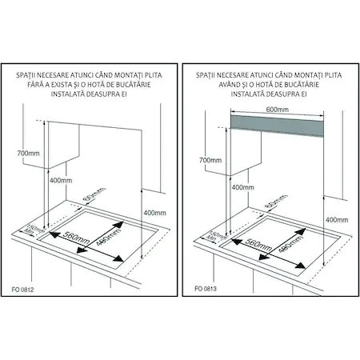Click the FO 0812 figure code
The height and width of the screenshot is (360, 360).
(22, 290)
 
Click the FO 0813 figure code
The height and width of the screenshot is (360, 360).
(206, 289)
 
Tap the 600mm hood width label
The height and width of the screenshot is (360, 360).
(278, 110)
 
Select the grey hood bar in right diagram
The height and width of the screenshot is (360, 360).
(277, 126)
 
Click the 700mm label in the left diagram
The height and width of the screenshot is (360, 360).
(28, 154)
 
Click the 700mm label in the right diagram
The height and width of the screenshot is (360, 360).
(210, 160)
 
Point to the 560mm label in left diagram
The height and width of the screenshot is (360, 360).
(76, 237)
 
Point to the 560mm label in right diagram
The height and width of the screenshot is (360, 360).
(258, 244)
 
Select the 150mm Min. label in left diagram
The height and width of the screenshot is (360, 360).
(34, 231)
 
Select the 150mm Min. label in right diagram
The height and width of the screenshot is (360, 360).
(216, 237)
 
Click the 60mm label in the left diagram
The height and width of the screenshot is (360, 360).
(94, 194)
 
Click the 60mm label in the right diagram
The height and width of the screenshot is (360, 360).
(276, 201)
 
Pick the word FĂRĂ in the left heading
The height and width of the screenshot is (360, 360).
(35, 85)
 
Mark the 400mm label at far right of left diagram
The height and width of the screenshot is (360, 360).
(154, 213)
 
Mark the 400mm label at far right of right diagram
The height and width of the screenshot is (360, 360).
(337, 220)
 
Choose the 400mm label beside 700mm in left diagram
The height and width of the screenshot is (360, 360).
(61, 181)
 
